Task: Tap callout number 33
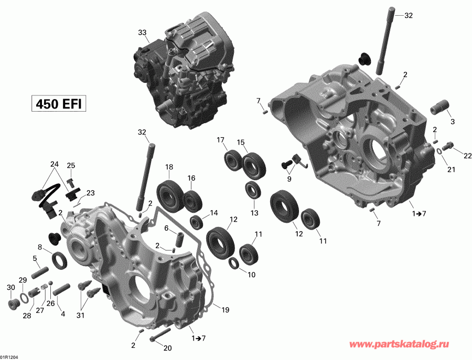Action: click(x=142, y=32)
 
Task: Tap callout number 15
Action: click(x=241, y=143)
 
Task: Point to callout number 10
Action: click(x=252, y=274)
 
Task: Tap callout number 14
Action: click(x=213, y=213)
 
